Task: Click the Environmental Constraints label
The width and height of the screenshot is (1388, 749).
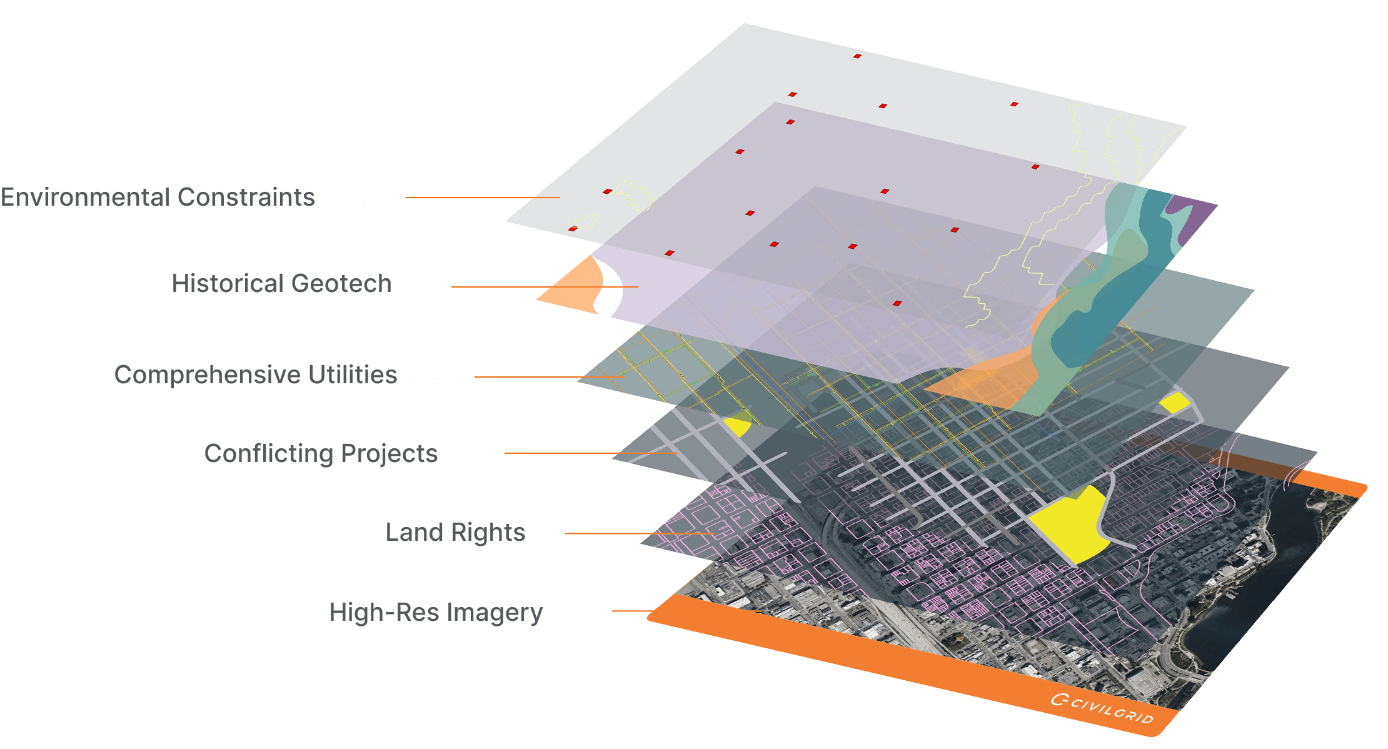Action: click(245, 199)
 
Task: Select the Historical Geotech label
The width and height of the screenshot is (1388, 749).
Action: click(320, 286)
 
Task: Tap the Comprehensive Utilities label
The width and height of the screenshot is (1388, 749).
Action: click(326, 376)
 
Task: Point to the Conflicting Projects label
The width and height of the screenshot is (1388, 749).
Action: click(381, 453)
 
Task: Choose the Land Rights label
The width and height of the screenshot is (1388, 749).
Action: click(486, 533)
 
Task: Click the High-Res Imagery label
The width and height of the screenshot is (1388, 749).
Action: click(488, 611)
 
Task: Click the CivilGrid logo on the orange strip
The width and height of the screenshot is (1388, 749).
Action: click(1102, 708)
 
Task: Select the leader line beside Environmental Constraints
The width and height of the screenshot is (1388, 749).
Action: click(481, 198)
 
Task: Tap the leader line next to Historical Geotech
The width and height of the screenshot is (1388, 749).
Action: click(544, 287)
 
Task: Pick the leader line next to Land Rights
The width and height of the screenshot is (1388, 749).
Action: click(638, 533)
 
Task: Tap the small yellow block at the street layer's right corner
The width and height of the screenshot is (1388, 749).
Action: click(1175, 403)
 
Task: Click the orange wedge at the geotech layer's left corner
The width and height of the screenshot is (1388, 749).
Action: click(569, 284)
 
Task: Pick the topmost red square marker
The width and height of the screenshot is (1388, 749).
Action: click(857, 56)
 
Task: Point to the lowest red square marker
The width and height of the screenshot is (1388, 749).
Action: click(897, 303)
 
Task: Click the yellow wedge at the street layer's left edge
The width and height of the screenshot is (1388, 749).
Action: click(738, 425)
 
